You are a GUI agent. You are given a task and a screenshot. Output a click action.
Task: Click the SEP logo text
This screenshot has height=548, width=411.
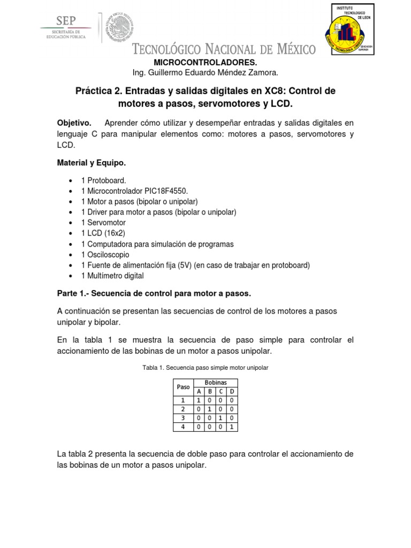click(x=66, y=21)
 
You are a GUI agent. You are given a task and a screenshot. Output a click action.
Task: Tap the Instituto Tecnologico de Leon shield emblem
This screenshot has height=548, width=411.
click(x=351, y=32)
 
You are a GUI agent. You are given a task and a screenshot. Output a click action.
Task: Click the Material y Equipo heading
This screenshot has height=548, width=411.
click(x=92, y=162)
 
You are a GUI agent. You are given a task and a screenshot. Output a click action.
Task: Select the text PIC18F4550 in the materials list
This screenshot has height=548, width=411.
click(x=158, y=192)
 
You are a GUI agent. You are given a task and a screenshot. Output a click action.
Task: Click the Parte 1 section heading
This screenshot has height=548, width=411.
click(x=154, y=294)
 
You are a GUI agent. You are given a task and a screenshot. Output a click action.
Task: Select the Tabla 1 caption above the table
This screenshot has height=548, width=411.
click(x=205, y=368)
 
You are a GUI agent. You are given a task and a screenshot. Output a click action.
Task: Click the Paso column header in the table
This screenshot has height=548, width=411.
click(x=183, y=386)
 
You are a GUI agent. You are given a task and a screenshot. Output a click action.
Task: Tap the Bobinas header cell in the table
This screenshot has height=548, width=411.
click(x=216, y=383)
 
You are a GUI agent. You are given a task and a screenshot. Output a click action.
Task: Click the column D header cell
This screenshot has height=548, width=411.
click(x=232, y=391)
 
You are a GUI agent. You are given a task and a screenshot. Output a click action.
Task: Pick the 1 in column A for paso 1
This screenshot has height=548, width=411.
click(x=199, y=400)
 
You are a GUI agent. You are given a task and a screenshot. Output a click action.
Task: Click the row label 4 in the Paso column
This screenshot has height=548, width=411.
click(x=183, y=427)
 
